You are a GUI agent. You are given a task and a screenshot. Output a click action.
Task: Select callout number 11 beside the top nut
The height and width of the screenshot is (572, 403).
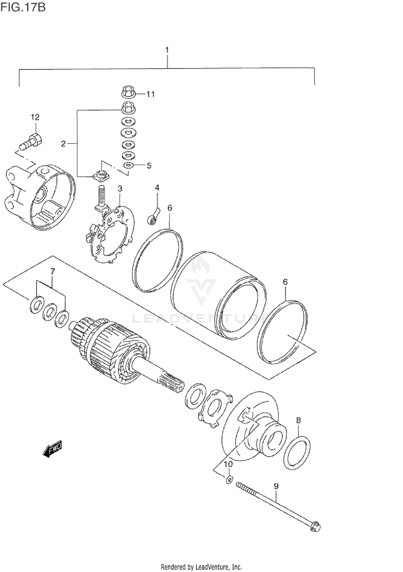tap(150, 94)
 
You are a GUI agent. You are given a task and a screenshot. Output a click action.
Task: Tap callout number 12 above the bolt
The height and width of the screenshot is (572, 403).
tap(35, 117)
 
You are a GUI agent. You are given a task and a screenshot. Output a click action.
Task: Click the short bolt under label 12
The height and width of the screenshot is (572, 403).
tap(32, 142)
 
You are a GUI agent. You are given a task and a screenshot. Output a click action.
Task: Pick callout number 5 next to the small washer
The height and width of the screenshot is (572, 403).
tap(149, 166)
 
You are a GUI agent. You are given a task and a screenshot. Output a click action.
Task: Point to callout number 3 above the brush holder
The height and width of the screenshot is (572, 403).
tap(120, 189)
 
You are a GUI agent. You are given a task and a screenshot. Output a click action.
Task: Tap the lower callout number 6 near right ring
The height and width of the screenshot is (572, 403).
tap(285, 282)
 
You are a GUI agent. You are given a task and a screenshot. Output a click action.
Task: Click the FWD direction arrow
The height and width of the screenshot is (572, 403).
tap(52, 449)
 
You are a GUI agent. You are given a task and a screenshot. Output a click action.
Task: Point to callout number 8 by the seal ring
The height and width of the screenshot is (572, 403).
tap(298, 420)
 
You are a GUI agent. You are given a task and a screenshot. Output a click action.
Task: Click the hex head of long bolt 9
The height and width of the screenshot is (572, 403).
tap(315, 527)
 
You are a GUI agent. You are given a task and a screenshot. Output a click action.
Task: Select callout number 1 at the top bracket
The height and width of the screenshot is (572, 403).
tap(167, 50)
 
